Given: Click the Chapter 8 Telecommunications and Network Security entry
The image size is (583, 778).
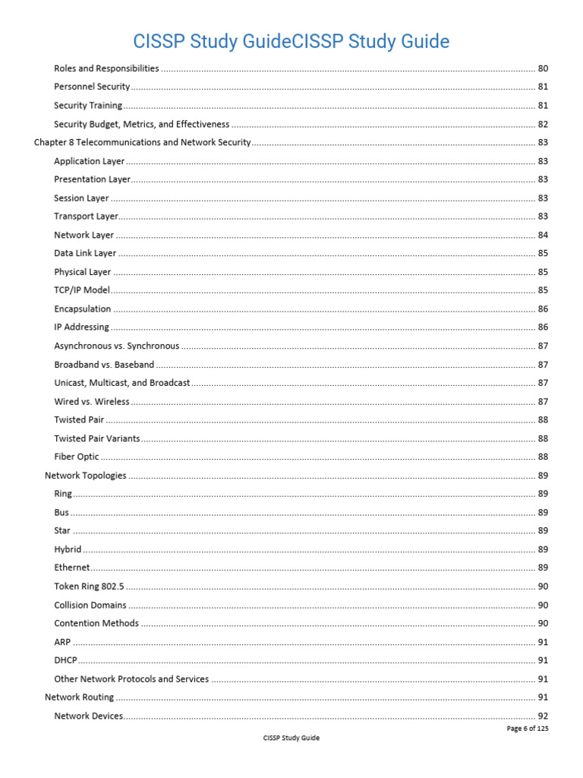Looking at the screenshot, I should pyautogui.click(x=142, y=142).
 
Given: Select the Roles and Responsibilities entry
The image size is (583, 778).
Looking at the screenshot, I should pyautogui.click(x=106, y=68).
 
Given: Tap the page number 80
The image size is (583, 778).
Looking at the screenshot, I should pyautogui.click(x=543, y=68).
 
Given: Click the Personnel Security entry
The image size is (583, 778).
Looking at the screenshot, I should pyautogui.click(x=92, y=87).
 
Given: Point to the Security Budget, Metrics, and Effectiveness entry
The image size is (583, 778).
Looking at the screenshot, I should pyautogui.click(x=141, y=124).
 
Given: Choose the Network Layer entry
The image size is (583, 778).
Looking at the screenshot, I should pyautogui.click(x=84, y=235).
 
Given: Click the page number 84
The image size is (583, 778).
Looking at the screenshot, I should pyautogui.click(x=543, y=235).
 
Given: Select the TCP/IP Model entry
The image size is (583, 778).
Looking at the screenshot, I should pyautogui.click(x=82, y=290).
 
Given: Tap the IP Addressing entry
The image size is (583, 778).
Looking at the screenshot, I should pyautogui.click(x=81, y=327).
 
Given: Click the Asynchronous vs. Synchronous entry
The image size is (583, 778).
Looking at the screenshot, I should pyautogui.click(x=117, y=346).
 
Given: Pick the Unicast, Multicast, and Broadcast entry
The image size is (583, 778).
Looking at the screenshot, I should pyautogui.click(x=122, y=383).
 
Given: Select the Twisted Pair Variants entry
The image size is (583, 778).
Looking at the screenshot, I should pyautogui.click(x=97, y=438).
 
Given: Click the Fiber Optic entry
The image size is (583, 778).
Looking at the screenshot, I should pyautogui.click(x=77, y=457).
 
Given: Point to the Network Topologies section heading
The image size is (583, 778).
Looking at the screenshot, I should pyautogui.click(x=86, y=476).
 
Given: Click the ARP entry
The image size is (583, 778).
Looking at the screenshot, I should pyautogui.click(x=63, y=642).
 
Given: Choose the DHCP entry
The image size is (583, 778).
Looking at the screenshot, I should pyautogui.click(x=65, y=660).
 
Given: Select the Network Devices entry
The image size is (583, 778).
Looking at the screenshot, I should pyautogui.click(x=88, y=716).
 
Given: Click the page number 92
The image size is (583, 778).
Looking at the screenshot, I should pyautogui.click(x=543, y=716).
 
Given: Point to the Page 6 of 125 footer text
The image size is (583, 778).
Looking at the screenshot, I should pyautogui.click(x=527, y=729).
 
